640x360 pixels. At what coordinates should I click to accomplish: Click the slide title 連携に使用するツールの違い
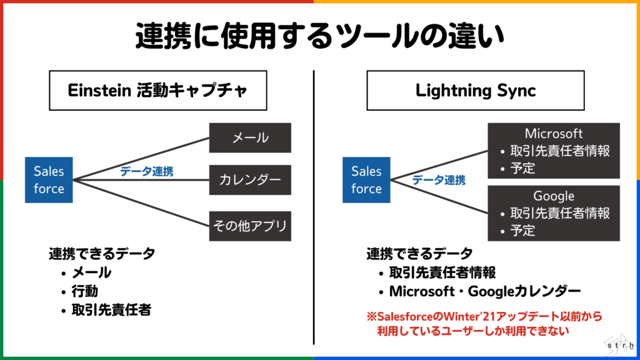[320, 36]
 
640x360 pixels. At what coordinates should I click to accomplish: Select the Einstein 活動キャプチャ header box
[158, 90]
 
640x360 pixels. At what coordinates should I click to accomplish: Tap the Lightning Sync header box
[476, 90]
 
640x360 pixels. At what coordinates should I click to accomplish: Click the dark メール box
[250, 138]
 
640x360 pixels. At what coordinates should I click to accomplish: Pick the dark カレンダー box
[250, 180]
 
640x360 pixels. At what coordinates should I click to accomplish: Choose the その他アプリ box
[250, 226]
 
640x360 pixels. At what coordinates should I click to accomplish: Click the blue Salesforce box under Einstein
[49, 180]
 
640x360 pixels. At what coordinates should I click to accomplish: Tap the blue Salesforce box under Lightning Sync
[366, 180]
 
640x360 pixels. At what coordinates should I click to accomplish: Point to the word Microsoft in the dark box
[554, 134]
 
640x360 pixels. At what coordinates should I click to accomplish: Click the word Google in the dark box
[554, 196]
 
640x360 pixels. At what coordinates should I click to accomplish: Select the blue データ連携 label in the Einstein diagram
[146, 171]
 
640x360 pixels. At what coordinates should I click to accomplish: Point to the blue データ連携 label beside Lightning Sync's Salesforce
[439, 180]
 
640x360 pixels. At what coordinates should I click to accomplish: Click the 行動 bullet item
[85, 291]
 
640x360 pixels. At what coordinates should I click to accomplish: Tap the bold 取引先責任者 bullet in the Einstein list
[111, 310]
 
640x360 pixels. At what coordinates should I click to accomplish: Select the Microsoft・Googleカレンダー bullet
[485, 291]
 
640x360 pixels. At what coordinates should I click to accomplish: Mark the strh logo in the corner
[620, 344]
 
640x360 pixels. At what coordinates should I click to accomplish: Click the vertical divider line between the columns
[314, 207]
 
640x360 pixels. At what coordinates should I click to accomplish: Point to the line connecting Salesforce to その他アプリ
[141, 203]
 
